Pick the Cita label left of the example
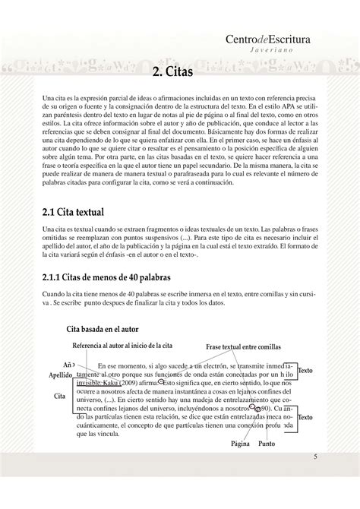click(60, 397)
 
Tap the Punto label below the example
click(267, 443)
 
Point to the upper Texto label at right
click(305, 370)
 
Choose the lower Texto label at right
click(305, 418)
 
